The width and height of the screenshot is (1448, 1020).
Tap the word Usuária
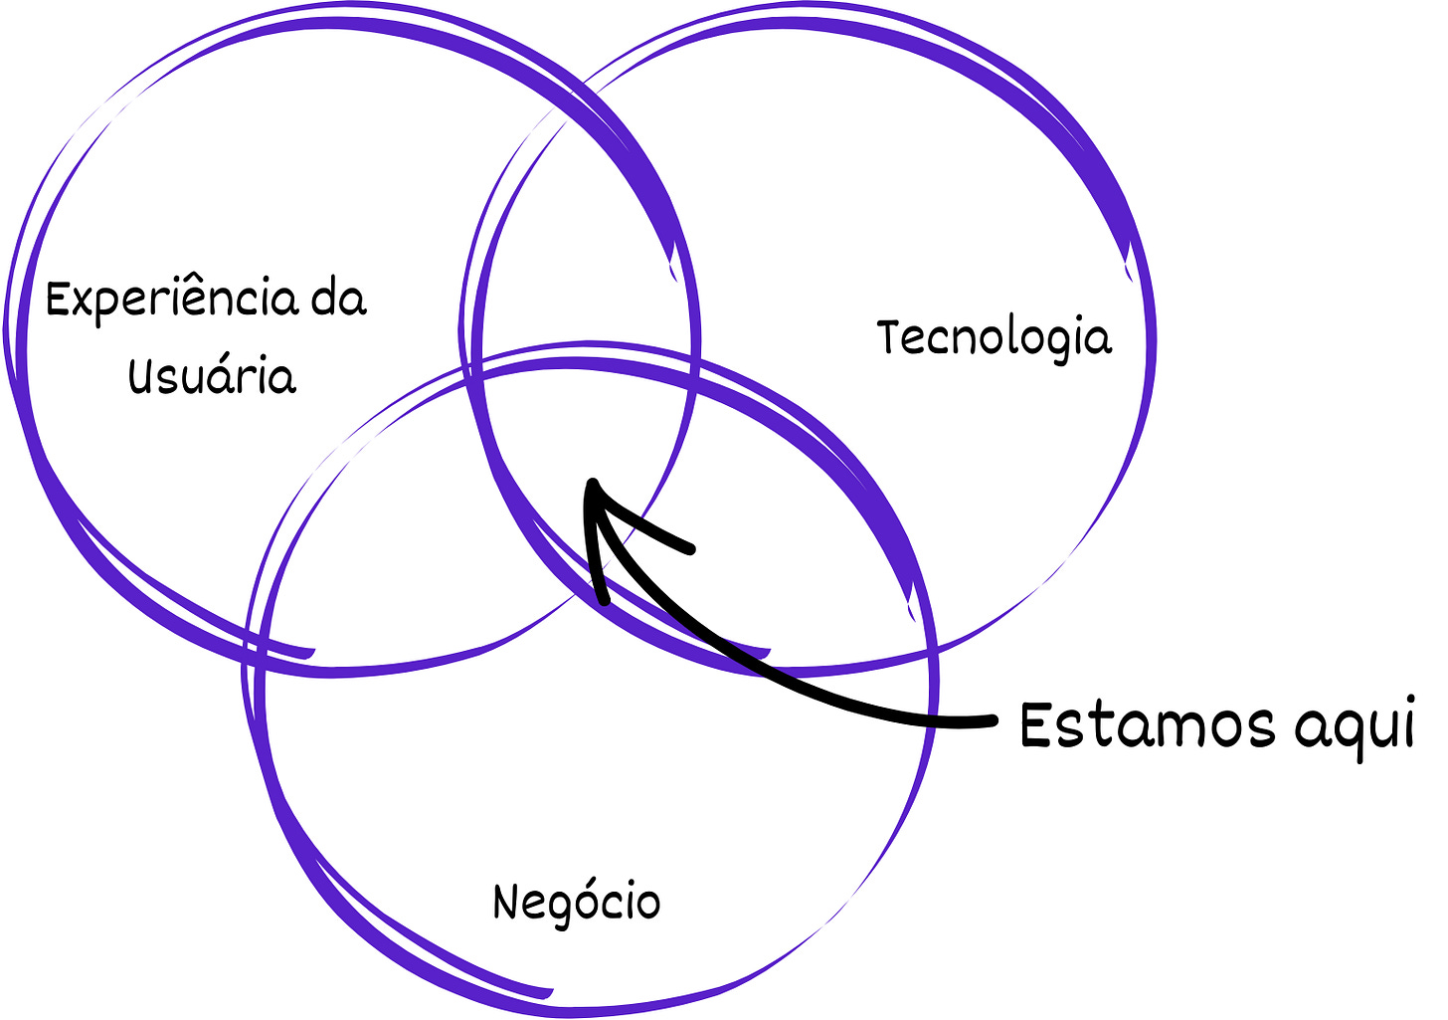click(x=212, y=377)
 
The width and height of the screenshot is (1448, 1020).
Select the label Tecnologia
click(x=994, y=338)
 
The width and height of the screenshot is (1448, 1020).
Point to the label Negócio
click(x=576, y=903)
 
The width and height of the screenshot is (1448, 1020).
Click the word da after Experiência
click(x=338, y=299)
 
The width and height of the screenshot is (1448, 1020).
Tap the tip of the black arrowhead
click(x=592, y=482)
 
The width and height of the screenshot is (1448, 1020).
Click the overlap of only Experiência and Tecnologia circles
click(x=577, y=249)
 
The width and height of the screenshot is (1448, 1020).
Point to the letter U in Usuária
click(x=140, y=376)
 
